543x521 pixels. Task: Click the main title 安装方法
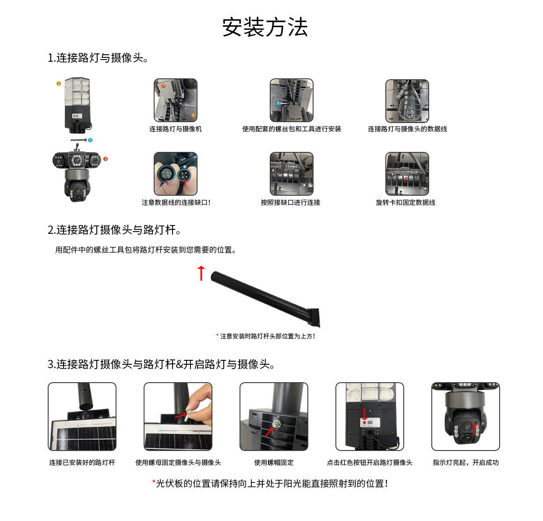pyautogui.click(x=265, y=27)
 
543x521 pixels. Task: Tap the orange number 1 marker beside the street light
pyautogui.click(x=59, y=83)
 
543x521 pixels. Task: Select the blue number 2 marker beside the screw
pyautogui.click(x=90, y=140)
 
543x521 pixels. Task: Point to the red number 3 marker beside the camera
pyautogui.click(x=106, y=159)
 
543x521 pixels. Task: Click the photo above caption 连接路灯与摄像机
pyautogui.click(x=176, y=101)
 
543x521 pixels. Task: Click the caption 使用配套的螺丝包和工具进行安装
pyautogui.click(x=291, y=129)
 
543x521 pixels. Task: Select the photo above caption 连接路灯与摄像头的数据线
pyautogui.click(x=407, y=101)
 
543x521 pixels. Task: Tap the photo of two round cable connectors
pyautogui.click(x=176, y=174)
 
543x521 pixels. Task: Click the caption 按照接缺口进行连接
pyautogui.click(x=290, y=202)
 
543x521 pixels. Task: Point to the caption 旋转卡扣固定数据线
pyautogui.click(x=405, y=202)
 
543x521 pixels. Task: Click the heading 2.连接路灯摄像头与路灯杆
pyautogui.click(x=114, y=230)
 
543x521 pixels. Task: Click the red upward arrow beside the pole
pyautogui.click(x=201, y=273)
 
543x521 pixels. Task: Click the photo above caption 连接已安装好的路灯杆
pyautogui.click(x=82, y=416)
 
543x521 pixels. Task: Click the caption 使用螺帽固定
pyautogui.click(x=274, y=462)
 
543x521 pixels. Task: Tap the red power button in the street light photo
pyautogui.click(x=364, y=422)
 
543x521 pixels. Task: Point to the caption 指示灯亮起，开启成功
pyautogui.click(x=465, y=462)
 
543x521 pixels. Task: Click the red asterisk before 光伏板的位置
pyautogui.click(x=154, y=482)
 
